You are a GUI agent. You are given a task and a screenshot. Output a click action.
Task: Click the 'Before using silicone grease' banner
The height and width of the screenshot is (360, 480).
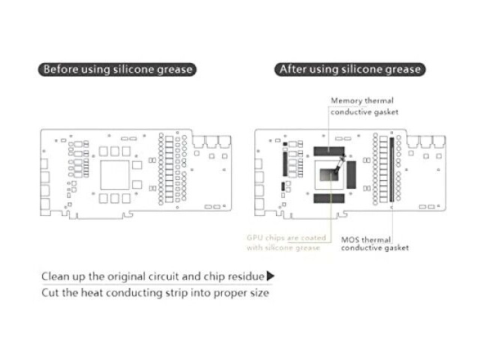(117, 70)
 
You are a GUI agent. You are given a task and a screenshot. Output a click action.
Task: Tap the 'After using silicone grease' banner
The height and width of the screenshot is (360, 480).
(350, 70)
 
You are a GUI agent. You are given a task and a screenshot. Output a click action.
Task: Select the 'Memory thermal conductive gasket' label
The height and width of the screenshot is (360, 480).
(364, 106)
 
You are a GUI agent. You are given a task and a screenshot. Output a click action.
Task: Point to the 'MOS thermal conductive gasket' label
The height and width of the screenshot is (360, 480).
(375, 244)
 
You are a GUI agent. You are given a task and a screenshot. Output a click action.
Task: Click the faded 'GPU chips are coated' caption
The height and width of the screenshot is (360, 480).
(286, 238)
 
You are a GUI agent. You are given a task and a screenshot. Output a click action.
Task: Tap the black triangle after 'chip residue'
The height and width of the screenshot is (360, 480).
(271, 276)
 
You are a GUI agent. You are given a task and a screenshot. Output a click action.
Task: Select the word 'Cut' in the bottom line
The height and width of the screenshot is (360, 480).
(50, 292)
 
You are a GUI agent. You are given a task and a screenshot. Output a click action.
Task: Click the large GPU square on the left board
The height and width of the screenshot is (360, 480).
(115, 175)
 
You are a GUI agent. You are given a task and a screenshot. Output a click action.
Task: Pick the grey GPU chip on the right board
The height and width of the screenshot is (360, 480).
(329, 175)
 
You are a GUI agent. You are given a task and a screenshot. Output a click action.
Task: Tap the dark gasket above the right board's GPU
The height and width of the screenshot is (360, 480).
(329, 151)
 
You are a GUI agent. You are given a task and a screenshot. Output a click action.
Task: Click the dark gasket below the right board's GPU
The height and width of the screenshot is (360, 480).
(329, 198)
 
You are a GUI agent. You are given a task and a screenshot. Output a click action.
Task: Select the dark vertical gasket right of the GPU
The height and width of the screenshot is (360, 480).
(351, 175)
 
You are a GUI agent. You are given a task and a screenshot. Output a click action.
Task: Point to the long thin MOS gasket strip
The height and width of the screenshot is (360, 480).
(391, 169)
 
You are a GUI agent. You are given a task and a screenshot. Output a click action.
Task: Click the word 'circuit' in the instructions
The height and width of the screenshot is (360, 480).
(161, 277)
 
